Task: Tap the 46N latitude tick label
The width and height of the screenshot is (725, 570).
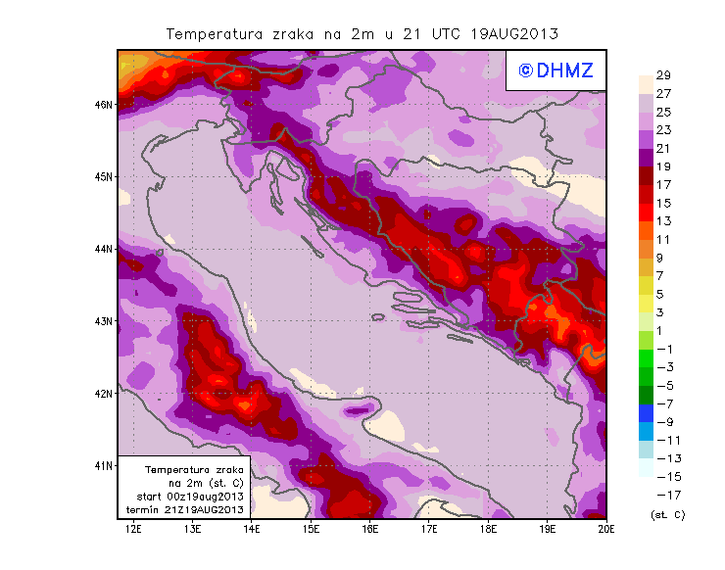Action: pos(103,104)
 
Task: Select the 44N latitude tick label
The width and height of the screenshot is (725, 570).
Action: pos(103,249)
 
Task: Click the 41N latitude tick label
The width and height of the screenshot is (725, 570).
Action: pos(103,465)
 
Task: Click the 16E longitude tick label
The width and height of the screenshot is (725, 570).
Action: pos(369,530)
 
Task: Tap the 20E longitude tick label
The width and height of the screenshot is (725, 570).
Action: pos(605,530)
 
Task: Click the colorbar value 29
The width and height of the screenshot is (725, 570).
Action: pos(663,75)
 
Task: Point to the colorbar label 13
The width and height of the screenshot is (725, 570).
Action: pos(663,221)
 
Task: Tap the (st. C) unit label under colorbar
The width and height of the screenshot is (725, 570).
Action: pos(667,514)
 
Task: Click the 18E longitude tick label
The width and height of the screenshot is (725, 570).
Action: pos(488,530)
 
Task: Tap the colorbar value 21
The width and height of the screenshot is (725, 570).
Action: pos(663,148)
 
